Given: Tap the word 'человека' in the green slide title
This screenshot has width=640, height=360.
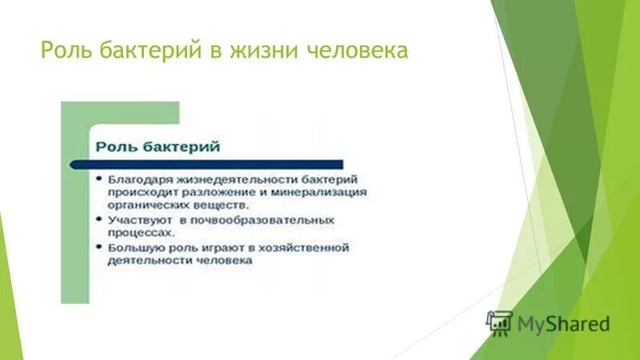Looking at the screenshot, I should (358, 51).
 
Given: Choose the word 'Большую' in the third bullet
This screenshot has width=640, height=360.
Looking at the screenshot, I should (132, 247).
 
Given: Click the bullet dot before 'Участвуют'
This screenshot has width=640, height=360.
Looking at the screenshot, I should (98, 218).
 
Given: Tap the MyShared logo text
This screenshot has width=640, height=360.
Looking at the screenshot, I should (563, 324).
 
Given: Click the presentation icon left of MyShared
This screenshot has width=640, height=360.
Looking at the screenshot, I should (499, 322).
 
